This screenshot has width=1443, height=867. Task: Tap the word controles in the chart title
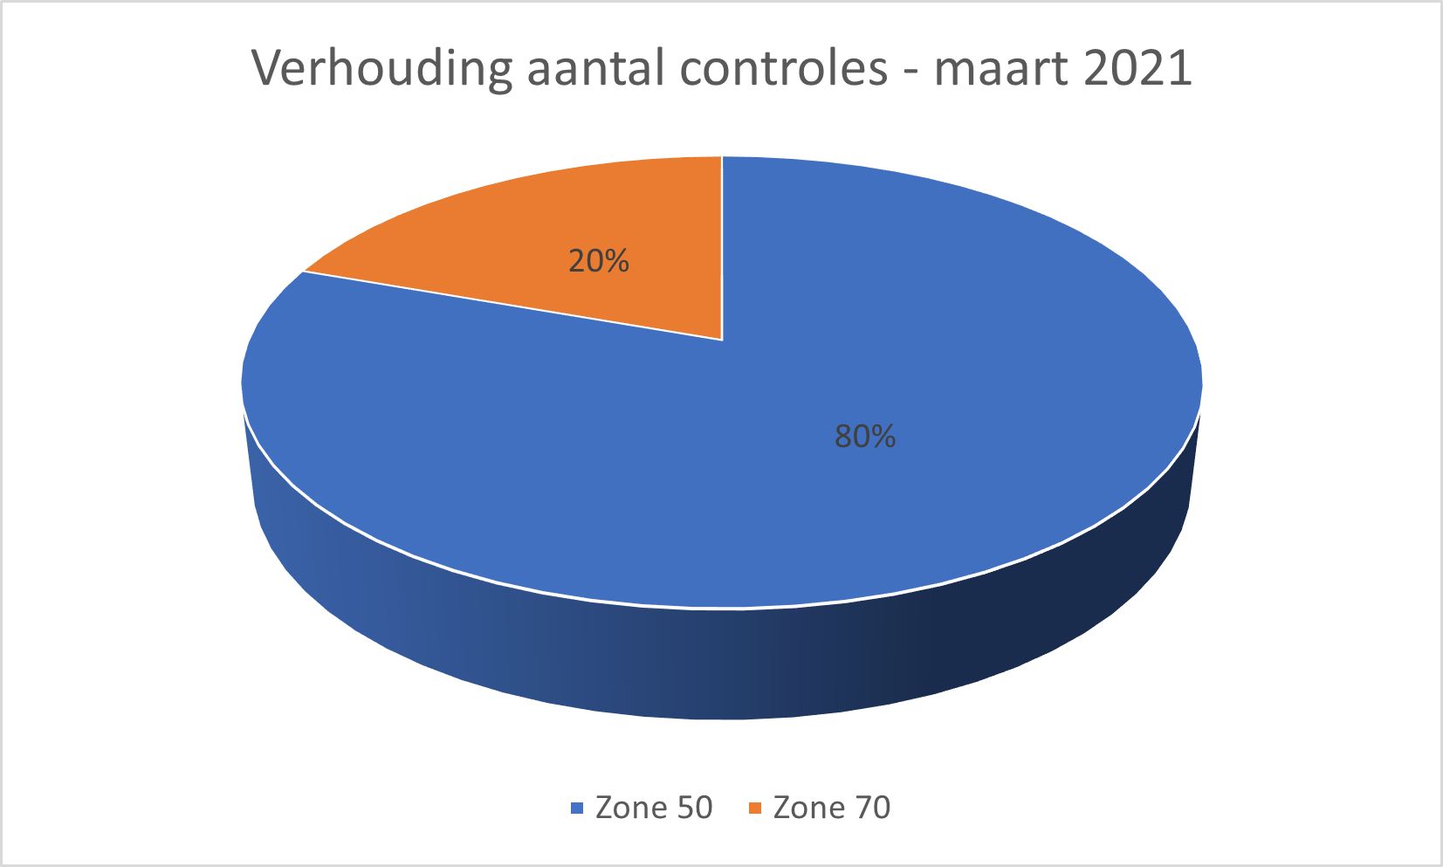point(783,69)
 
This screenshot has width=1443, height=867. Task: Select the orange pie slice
point(559,236)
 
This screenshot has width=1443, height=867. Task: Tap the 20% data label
point(599,261)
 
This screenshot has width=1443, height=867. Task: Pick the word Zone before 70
point(806,808)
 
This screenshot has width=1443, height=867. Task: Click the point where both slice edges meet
point(722,340)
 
